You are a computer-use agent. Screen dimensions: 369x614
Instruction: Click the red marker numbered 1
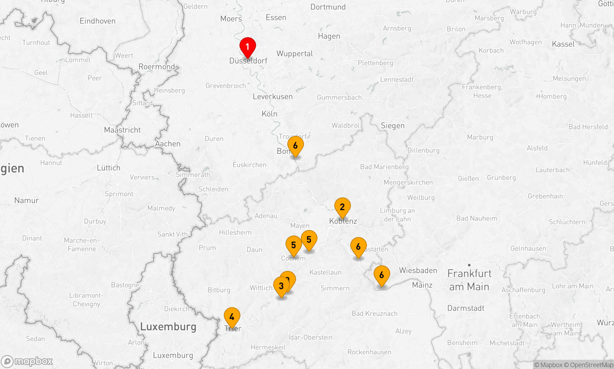(247, 47)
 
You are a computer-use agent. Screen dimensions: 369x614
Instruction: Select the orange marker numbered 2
(342, 207)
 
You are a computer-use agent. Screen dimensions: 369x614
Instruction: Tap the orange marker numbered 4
(232, 317)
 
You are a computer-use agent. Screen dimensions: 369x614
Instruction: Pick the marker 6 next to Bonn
(295, 146)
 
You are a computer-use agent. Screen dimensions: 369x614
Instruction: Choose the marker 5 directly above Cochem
(293, 245)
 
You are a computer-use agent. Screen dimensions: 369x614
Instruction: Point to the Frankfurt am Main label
(469, 280)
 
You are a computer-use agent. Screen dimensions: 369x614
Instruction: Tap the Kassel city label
(563, 44)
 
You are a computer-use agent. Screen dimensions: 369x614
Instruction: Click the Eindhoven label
(98, 21)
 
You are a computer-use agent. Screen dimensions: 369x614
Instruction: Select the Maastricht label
(122, 130)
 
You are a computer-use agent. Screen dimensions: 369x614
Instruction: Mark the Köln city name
(269, 114)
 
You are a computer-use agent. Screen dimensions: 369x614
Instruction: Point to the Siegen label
(393, 125)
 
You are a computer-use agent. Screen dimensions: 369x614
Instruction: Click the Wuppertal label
(294, 54)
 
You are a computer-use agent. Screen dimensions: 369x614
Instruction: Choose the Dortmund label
(328, 7)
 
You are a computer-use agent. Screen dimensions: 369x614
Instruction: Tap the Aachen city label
(168, 144)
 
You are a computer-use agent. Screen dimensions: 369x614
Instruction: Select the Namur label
(26, 200)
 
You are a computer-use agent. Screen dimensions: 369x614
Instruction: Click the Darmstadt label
(465, 308)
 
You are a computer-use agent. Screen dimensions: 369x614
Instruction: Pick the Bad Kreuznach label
(374, 313)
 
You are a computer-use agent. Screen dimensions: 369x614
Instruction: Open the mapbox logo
(27, 361)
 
